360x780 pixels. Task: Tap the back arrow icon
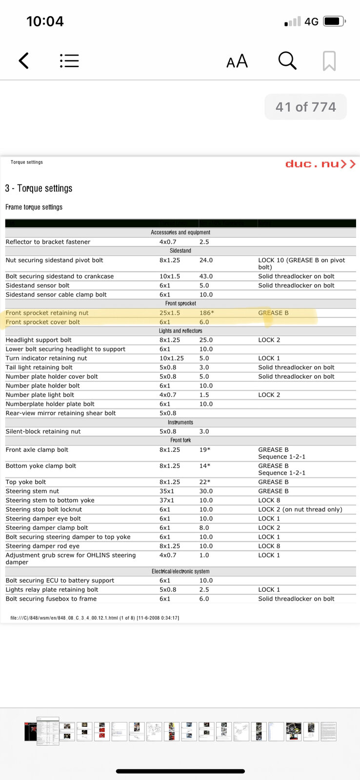[x=24, y=60]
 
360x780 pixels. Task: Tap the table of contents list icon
[x=69, y=60]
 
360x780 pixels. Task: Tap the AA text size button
[x=237, y=61]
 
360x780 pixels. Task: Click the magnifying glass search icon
[x=287, y=60]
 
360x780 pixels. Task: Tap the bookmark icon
[x=329, y=61]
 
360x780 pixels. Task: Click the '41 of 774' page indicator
[x=305, y=107]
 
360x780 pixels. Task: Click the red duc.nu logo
[x=320, y=164]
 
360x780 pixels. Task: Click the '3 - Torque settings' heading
[x=39, y=188]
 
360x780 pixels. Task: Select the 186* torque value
[x=206, y=313]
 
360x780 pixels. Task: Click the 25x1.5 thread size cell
[x=170, y=313]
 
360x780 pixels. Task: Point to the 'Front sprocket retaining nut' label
[x=47, y=313]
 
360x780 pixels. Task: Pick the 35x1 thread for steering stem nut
[x=167, y=491]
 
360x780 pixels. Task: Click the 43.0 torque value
[x=206, y=276]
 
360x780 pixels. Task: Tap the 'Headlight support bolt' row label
[x=39, y=340]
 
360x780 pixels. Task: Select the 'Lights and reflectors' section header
[x=180, y=331]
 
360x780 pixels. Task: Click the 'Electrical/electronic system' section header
[x=180, y=571]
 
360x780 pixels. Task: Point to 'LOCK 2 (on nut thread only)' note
[x=300, y=509]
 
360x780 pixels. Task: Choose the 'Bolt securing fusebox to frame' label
[x=51, y=599]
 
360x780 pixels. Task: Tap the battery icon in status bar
[x=335, y=21]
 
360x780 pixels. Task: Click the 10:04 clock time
[x=45, y=21]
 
